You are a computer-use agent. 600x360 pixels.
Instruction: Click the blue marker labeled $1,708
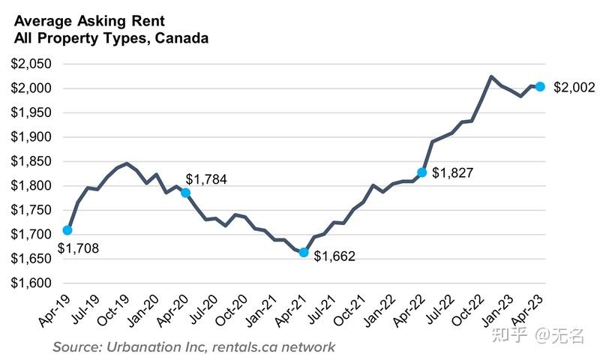click(x=67, y=230)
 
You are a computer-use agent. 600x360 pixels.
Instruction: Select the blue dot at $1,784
click(x=185, y=193)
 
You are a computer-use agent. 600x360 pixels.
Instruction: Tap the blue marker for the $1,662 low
click(x=304, y=252)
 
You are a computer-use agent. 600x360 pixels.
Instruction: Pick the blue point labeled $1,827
click(x=422, y=172)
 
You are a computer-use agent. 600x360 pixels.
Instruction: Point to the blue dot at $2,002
click(x=540, y=86)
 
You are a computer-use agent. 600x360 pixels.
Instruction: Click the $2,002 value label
click(x=574, y=87)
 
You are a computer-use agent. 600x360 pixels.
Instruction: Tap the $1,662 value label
click(x=334, y=256)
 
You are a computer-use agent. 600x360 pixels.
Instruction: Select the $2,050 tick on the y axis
click(x=31, y=64)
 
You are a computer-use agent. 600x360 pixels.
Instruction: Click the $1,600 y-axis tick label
click(x=31, y=283)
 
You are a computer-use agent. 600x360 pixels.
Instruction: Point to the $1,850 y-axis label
click(x=31, y=162)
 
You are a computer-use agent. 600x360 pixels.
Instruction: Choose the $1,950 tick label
click(x=31, y=113)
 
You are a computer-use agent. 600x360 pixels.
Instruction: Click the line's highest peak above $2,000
click(x=490, y=76)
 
